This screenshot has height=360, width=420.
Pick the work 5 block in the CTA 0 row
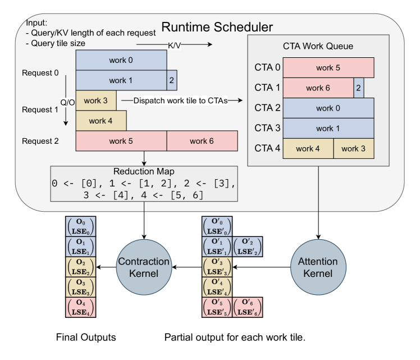point(328,67)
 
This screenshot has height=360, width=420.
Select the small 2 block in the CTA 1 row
point(358,88)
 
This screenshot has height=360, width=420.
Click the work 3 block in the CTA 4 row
point(354,148)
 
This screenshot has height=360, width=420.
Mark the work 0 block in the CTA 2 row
point(328,108)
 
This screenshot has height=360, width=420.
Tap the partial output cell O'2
point(248,246)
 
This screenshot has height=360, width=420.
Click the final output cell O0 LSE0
point(80,226)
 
